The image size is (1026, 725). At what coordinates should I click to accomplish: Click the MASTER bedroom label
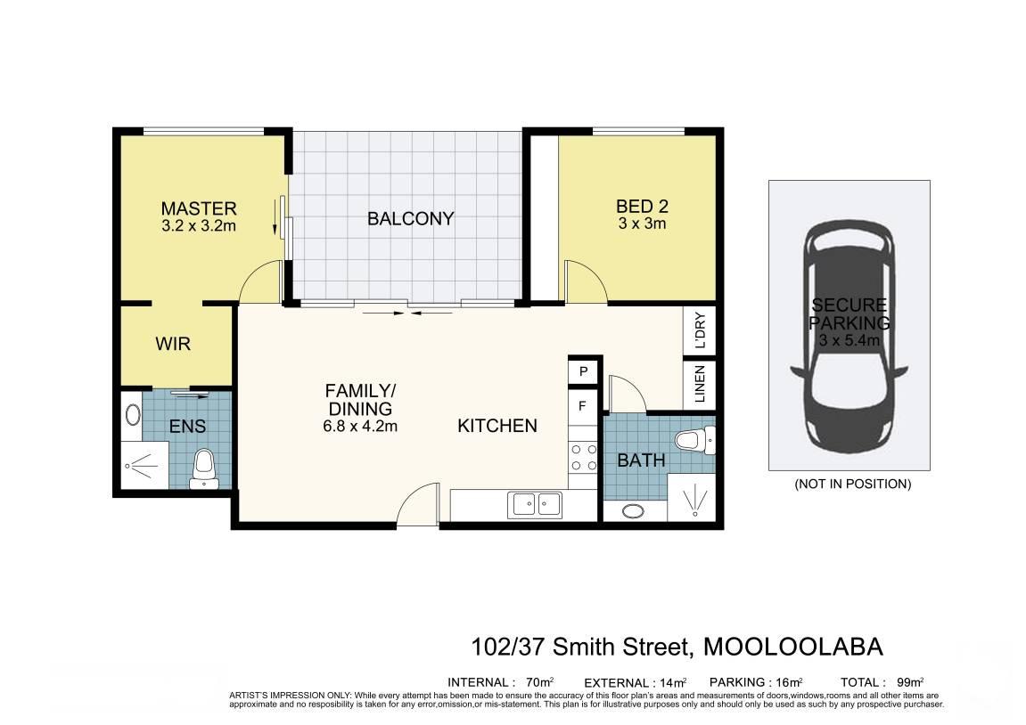click(199, 208)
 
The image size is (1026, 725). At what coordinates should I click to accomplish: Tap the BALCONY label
click(410, 218)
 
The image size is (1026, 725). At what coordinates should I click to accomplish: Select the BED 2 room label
click(642, 207)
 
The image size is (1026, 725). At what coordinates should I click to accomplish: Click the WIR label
click(173, 343)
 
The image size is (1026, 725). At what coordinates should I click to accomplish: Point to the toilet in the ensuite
click(203, 468)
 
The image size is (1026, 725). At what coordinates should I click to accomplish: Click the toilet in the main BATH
click(695, 439)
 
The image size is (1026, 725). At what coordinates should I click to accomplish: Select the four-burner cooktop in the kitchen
click(583, 457)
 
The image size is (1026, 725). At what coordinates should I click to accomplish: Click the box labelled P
click(583, 371)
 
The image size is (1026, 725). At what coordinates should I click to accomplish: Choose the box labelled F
click(583, 407)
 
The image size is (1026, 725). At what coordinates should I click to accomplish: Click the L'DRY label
click(700, 330)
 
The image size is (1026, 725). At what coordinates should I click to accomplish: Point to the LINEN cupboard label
click(700, 385)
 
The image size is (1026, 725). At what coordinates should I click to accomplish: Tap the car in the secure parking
click(849, 338)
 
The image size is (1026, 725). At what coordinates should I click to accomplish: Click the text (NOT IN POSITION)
click(852, 484)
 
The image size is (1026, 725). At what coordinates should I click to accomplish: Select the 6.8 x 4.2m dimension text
click(360, 427)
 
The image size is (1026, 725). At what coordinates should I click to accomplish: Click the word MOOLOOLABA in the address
click(793, 647)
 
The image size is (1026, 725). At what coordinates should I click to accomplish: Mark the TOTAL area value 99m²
click(910, 682)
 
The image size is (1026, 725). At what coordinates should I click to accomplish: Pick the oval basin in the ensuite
click(133, 414)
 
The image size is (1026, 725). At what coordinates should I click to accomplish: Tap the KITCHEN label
click(497, 426)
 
